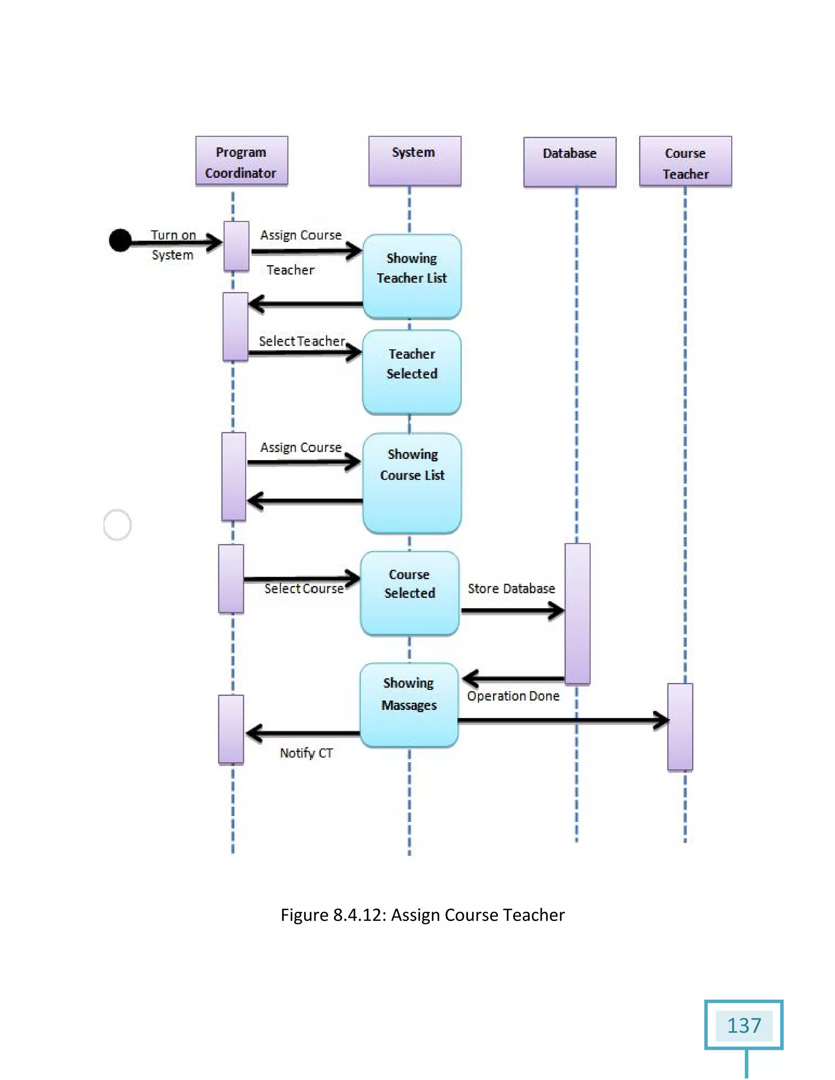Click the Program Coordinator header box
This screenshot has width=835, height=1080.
[241, 161]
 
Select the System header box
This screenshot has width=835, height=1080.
[415, 161]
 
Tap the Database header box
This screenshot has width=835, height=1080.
[570, 162]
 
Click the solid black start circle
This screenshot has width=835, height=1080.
[120, 241]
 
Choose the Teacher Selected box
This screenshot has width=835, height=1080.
[411, 372]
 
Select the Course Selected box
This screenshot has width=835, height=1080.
[410, 593]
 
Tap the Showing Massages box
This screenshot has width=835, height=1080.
[409, 704]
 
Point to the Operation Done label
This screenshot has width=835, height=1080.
[513, 696]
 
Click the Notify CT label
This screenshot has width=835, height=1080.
[306, 753]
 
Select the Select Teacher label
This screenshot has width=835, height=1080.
[302, 341]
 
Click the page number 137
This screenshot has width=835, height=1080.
[744, 1026]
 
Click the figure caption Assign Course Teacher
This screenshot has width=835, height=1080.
[422, 915]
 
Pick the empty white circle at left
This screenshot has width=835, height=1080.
[117, 525]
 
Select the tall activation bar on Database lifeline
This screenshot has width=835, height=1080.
[577, 613]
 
